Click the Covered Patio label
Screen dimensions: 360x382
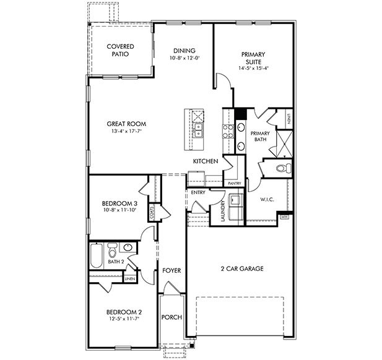coord(120,50)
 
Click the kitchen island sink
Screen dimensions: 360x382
coord(199,130)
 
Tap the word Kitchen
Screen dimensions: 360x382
coord(206,161)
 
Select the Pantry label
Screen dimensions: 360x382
coord(234,184)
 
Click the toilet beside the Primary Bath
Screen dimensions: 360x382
coord(281,168)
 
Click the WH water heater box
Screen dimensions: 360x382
coord(285,217)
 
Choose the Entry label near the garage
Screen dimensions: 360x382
coord(198,192)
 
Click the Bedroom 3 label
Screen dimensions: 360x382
coord(119,204)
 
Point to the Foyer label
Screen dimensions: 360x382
coord(171,271)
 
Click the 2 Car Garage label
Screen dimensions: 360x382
coord(243,269)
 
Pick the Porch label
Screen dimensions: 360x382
coord(171,317)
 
